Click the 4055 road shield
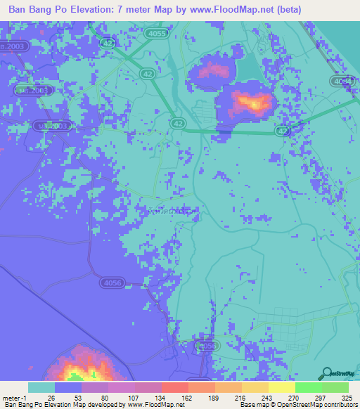pyautogui.click(x=159, y=33)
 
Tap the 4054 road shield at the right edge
pyautogui.click(x=342, y=82)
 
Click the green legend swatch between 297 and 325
pyautogui.click(x=335, y=387)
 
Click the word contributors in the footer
pyautogui.click(x=339, y=405)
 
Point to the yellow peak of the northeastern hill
pyautogui.click(x=252, y=104)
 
